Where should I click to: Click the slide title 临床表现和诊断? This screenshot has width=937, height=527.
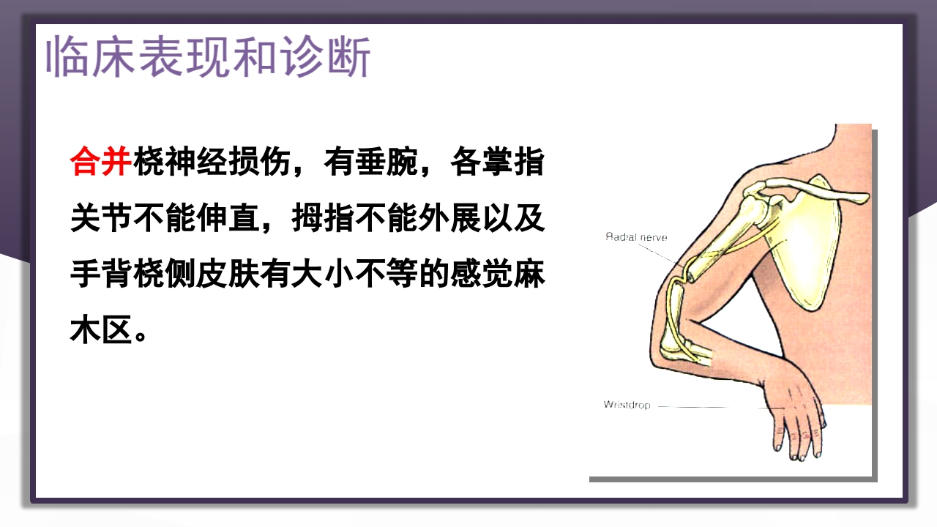[x=209, y=56]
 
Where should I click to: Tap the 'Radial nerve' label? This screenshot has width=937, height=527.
[x=636, y=237]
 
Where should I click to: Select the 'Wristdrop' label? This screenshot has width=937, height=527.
[x=627, y=405]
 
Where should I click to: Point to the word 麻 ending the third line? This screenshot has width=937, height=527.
[x=531, y=276]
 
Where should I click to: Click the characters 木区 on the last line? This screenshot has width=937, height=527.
[x=100, y=332]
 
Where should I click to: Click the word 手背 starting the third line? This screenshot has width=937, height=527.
[x=100, y=276]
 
